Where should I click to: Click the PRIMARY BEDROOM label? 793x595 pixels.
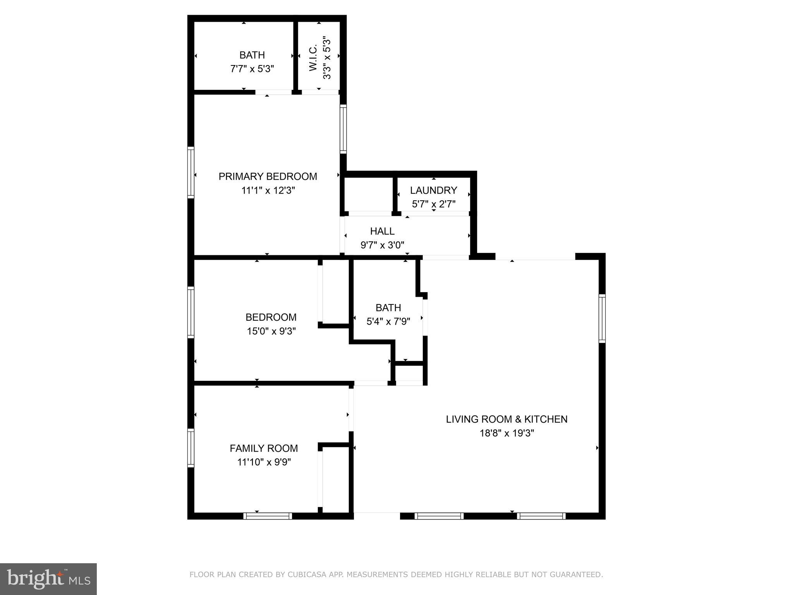[268, 177]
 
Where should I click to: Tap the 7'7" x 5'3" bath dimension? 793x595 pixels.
[252, 69]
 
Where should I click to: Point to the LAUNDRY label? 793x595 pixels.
[433, 190]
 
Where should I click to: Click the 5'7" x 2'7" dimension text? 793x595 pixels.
[433, 204]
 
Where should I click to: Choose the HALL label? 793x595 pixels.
[382, 231]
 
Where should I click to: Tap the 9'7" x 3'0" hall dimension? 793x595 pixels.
[382, 245]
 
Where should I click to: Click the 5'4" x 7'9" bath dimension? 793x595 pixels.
[388, 322]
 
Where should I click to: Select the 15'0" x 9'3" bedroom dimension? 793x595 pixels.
[271, 331]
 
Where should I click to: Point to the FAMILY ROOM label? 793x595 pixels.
[264, 448]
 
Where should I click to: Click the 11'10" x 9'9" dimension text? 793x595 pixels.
[264, 462]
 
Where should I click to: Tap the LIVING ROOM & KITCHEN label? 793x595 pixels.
[506, 419]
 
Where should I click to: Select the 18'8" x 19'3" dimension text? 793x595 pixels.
[506, 433]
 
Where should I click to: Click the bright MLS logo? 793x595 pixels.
[48, 579]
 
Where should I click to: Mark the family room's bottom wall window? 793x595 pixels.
[268, 516]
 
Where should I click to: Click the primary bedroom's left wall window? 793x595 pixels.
[191, 173]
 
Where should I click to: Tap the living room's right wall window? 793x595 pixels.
[602, 318]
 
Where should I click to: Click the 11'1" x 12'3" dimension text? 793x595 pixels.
[268, 191]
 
